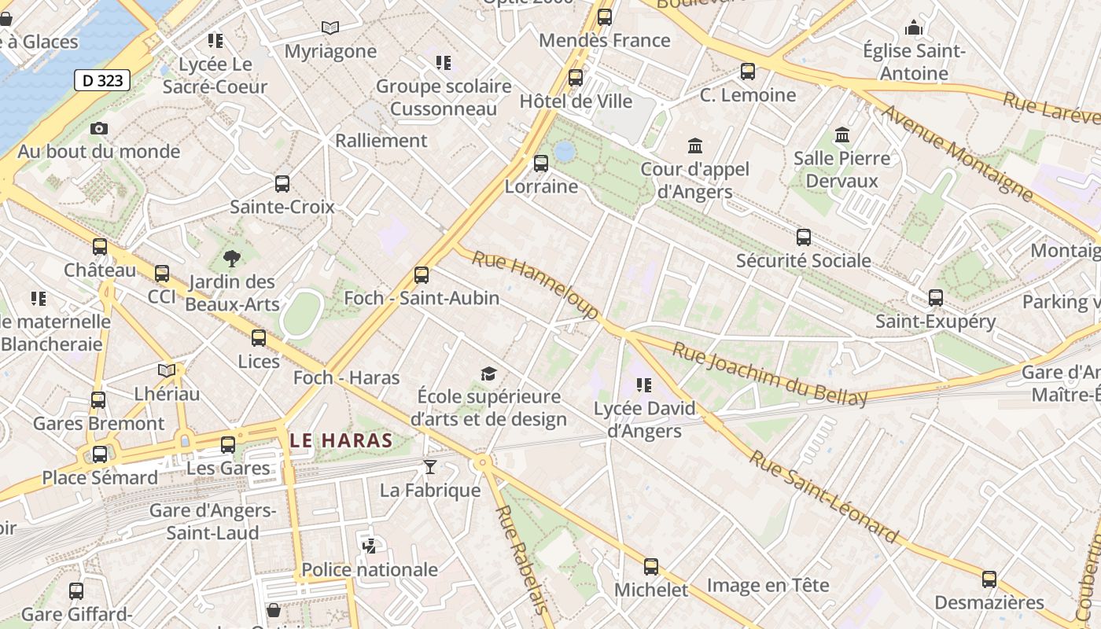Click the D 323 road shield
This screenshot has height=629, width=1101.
[x=102, y=79]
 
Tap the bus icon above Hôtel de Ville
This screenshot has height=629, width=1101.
[x=576, y=78]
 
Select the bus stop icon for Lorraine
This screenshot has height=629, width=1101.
[x=541, y=164]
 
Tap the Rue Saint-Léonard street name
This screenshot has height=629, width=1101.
[x=823, y=496]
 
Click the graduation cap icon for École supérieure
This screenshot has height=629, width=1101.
[x=489, y=373]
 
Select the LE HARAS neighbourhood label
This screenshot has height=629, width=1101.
[x=341, y=440]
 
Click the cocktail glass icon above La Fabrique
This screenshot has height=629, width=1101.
[x=429, y=467]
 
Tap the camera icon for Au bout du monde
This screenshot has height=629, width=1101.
[x=99, y=128]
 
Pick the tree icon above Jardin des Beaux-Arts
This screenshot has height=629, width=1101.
[x=232, y=258]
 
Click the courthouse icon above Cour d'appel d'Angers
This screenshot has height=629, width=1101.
[x=695, y=145]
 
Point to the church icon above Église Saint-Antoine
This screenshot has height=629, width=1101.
[x=913, y=28]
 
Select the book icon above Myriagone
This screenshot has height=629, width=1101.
[x=330, y=28]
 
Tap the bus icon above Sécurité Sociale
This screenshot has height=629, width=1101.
[x=804, y=237]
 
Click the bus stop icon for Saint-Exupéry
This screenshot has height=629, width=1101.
[x=936, y=298]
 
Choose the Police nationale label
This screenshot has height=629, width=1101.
[x=370, y=569]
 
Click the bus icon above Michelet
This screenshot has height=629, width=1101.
[x=651, y=567]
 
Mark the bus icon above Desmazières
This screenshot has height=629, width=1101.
[x=989, y=580]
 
